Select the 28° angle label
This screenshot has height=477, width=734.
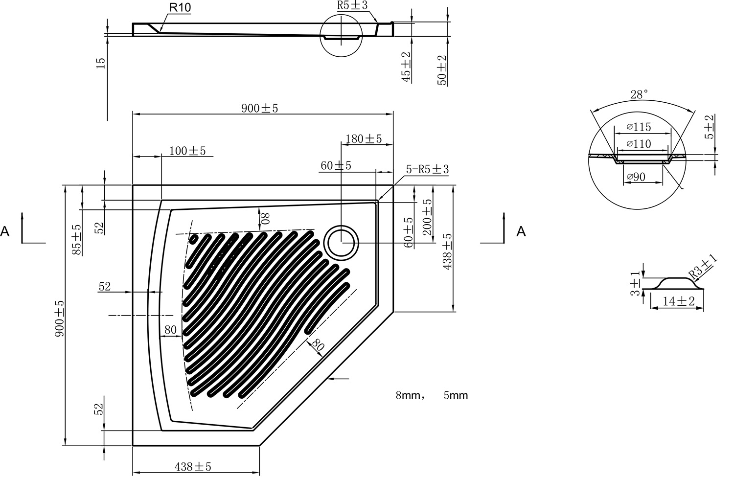coord(639,94)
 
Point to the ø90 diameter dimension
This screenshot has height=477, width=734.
coord(636,177)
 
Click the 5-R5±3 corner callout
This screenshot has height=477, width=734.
coord(427,169)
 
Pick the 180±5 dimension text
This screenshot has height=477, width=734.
coord(364,139)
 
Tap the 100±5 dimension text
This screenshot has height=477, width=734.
coord(187,151)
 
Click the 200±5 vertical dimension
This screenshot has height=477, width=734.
coord(427,217)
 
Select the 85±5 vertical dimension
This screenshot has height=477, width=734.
coord(77,240)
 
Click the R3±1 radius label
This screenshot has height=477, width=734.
coord(702,267)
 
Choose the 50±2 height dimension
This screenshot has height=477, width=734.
coord(442,70)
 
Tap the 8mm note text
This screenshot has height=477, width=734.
coord(408,395)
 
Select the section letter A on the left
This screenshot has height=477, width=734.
coord(5,231)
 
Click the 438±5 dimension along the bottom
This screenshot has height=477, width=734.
coord(193,467)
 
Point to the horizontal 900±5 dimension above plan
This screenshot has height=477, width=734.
coord(259,108)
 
